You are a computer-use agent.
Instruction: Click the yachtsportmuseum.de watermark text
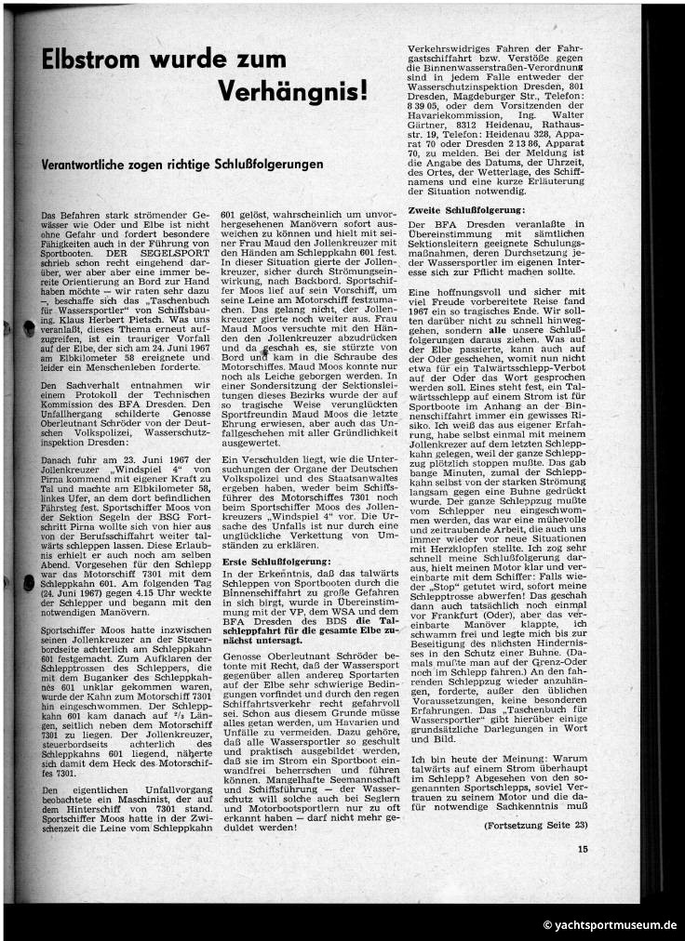tap(610, 925)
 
